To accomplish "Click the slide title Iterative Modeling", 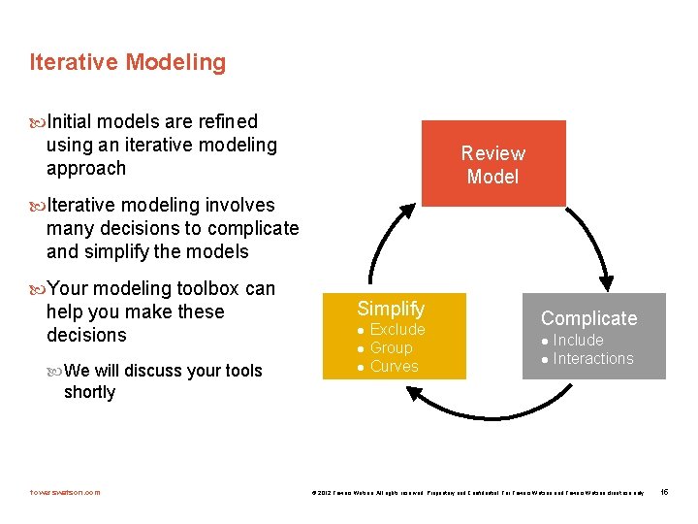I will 127,63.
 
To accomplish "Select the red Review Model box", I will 492,164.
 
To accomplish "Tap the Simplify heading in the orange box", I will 391,309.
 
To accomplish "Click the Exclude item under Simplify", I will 397,330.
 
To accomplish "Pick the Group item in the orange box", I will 391,348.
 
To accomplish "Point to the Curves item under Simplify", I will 394,367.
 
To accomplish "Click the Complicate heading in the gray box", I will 588,318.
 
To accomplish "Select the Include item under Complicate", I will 578,341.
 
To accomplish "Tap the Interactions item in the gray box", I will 592,359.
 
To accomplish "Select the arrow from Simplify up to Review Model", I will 381,243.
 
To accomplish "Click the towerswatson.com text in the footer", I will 65,492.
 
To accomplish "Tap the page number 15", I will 664,492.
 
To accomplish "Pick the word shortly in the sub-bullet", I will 89,392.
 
